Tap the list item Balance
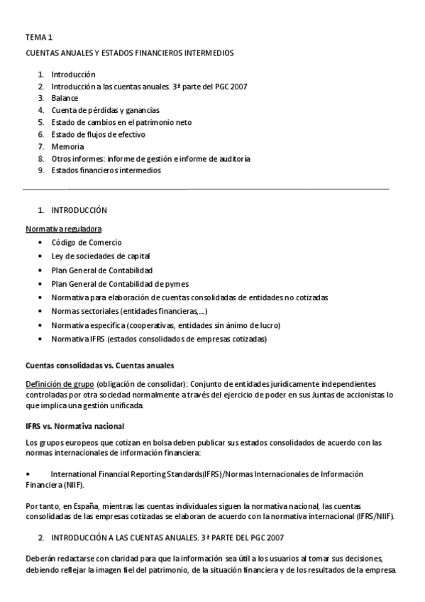tap(65, 98)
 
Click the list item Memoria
tap(67, 146)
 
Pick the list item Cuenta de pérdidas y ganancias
tap(105, 110)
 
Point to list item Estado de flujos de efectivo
tap(99, 134)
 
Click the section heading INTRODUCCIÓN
tap(79, 211)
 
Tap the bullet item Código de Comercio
tap(87, 243)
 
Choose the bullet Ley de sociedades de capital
tap(100, 256)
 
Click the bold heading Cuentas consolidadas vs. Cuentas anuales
tap(99, 366)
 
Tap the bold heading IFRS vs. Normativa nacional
tap(74, 426)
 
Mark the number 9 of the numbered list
tap(41, 170)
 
